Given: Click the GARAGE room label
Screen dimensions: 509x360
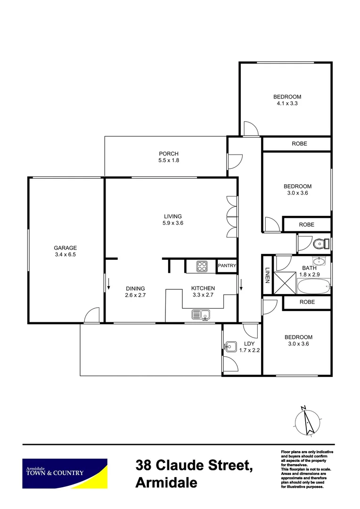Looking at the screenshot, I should [65, 248].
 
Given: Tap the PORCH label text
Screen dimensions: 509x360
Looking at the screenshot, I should [169, 154].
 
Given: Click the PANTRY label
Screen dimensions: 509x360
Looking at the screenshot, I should [226, 266].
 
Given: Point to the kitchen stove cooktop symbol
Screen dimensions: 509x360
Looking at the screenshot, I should [201, 266].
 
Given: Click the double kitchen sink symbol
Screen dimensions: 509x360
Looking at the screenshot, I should [201, 314].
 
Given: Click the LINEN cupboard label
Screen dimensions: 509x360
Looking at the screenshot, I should [267, 276].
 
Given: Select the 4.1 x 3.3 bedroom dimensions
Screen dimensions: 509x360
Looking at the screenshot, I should [287, 104].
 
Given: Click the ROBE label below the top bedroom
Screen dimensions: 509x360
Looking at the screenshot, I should [299, 144].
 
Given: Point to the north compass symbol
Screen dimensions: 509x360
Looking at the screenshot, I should [307, 420].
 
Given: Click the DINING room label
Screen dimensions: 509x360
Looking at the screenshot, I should [135, 289].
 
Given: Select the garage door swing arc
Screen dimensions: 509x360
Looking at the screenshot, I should [92, 314].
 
